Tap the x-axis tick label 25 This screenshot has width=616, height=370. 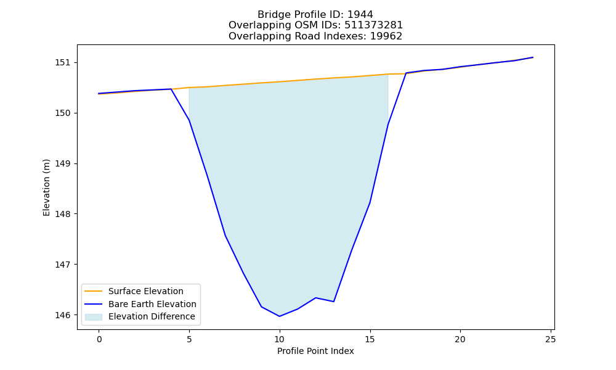[551, 339]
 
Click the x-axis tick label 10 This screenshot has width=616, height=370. [279, 339]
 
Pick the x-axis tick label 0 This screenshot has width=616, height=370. [99, 339]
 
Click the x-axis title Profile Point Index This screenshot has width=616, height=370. [315, 351]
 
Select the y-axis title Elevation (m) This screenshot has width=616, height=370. [46, 187]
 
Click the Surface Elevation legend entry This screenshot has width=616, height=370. [134, 291]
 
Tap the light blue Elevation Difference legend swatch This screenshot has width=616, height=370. [94, 317]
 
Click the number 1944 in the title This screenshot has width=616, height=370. [360, 15]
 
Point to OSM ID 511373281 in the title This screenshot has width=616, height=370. [374, 25]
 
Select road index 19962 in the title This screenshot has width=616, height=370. [386, 36]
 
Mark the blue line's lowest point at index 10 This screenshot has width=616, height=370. [279, 316]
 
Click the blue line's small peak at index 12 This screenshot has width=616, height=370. [316, 298]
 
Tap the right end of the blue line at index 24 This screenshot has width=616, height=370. [533, 57]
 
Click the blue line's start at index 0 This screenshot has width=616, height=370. [99, 94]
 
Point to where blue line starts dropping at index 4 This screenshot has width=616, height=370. [171, 89]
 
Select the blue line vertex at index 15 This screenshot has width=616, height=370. [370, 202]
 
